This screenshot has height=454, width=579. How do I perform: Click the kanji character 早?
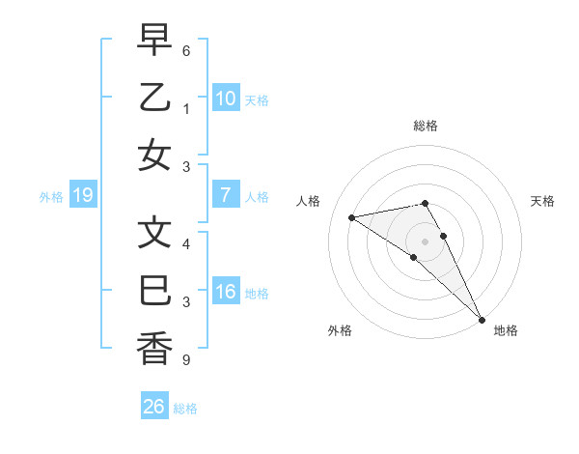point(154,40)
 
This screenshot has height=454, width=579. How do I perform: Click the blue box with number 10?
point(225,98)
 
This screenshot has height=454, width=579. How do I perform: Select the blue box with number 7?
point(225,195)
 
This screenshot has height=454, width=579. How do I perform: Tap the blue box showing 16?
point(225,292)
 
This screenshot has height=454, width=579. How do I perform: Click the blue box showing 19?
point(82,195)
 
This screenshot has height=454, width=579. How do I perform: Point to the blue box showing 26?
point(153,407)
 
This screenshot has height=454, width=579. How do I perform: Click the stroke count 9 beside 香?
point(185,360)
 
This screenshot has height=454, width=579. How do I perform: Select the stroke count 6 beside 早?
point(185,49)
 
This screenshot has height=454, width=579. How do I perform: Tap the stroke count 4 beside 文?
point(185,243)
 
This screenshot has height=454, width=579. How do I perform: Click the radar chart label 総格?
point(426,126)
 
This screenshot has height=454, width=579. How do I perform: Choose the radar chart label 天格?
point(543,201)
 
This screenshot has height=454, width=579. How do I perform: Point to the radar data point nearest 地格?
point(482,320)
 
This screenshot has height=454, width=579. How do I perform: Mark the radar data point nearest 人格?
point(352,217)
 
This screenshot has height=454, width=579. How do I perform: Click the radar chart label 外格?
point(340,330)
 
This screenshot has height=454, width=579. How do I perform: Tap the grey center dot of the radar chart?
point(426,241)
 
